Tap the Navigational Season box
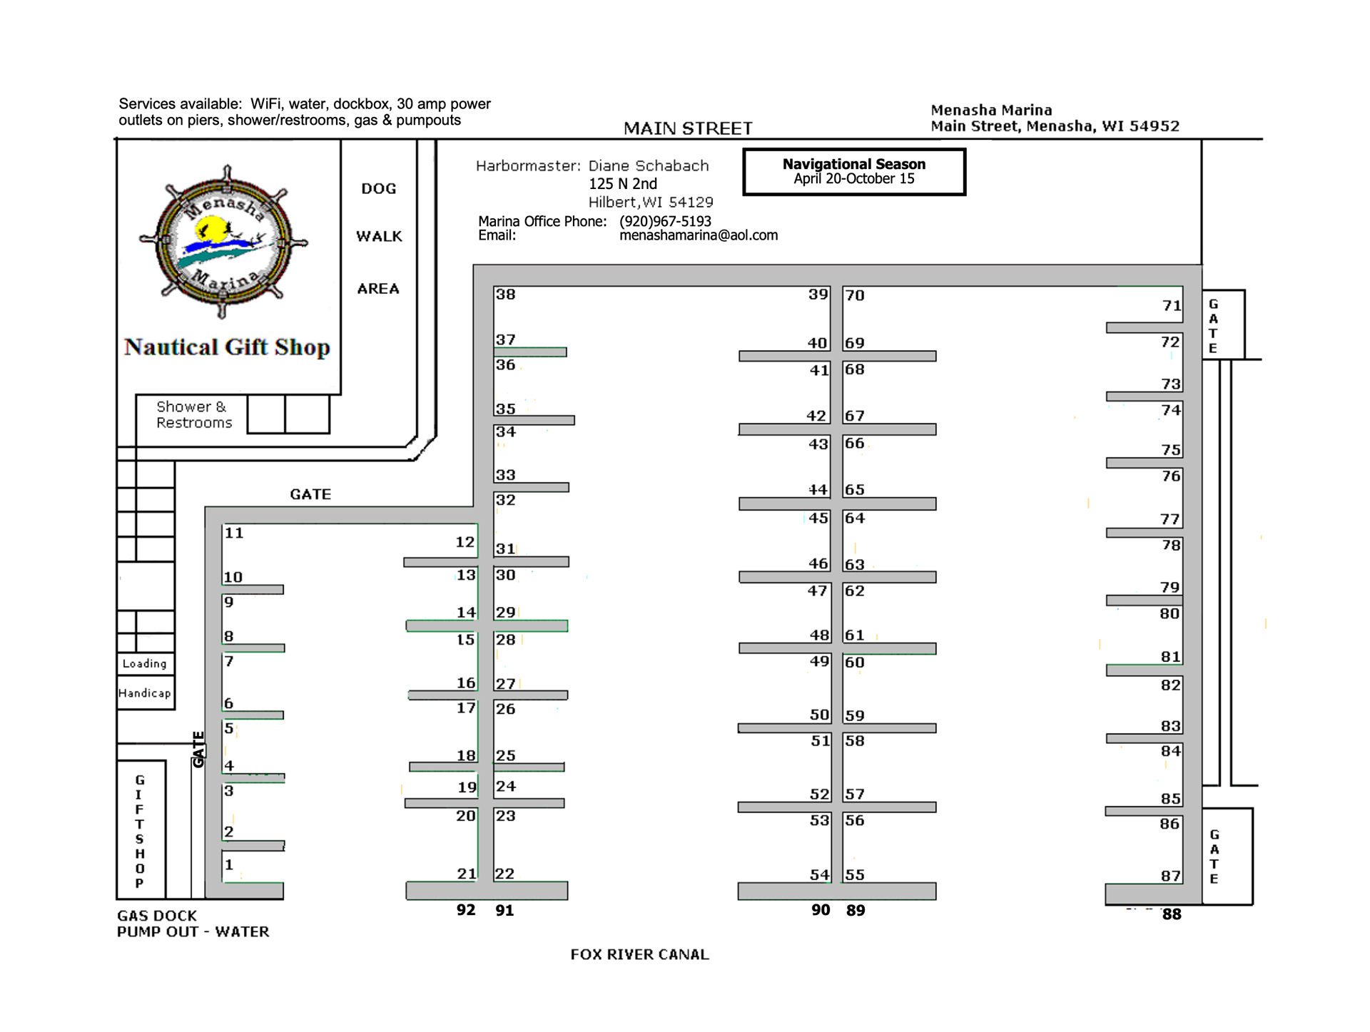pyautogui.click(x=853, y=171)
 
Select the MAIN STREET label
pyautogui.click(x=687, y=128)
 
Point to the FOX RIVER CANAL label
pyautogui.click(x=639, y=954)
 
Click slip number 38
pyautogui.click(x=505, y=295)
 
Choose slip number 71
pyautogui.click(x=1171, y=306)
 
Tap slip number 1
pyautogui.click(x=229, y=865)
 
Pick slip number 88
pyautogui.click(x=1171, y=914)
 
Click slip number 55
pyautogui.click(x=855, y=875)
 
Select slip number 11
pyautogui.click(x=234, y=533)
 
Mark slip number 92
pyautogui.click(x=466, y=910)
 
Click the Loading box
pyautogui.click(x=145, y=663)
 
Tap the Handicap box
pyautogui.click(x=145, y=693)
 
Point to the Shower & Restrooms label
pyautogui.click(x=193, y=414)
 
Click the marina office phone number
pyautogui.click(x=665, y=221)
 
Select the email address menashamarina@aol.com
pyautogui.click(x=698, y=235)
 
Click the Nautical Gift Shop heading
pyautogui.click(x=227, y=347)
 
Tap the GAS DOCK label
pyautogui.click(x=157, y=916)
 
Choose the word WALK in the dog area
pyautogui.click(x=379, y=236)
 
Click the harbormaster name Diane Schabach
pyautogui.click(x=648, y=166)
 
